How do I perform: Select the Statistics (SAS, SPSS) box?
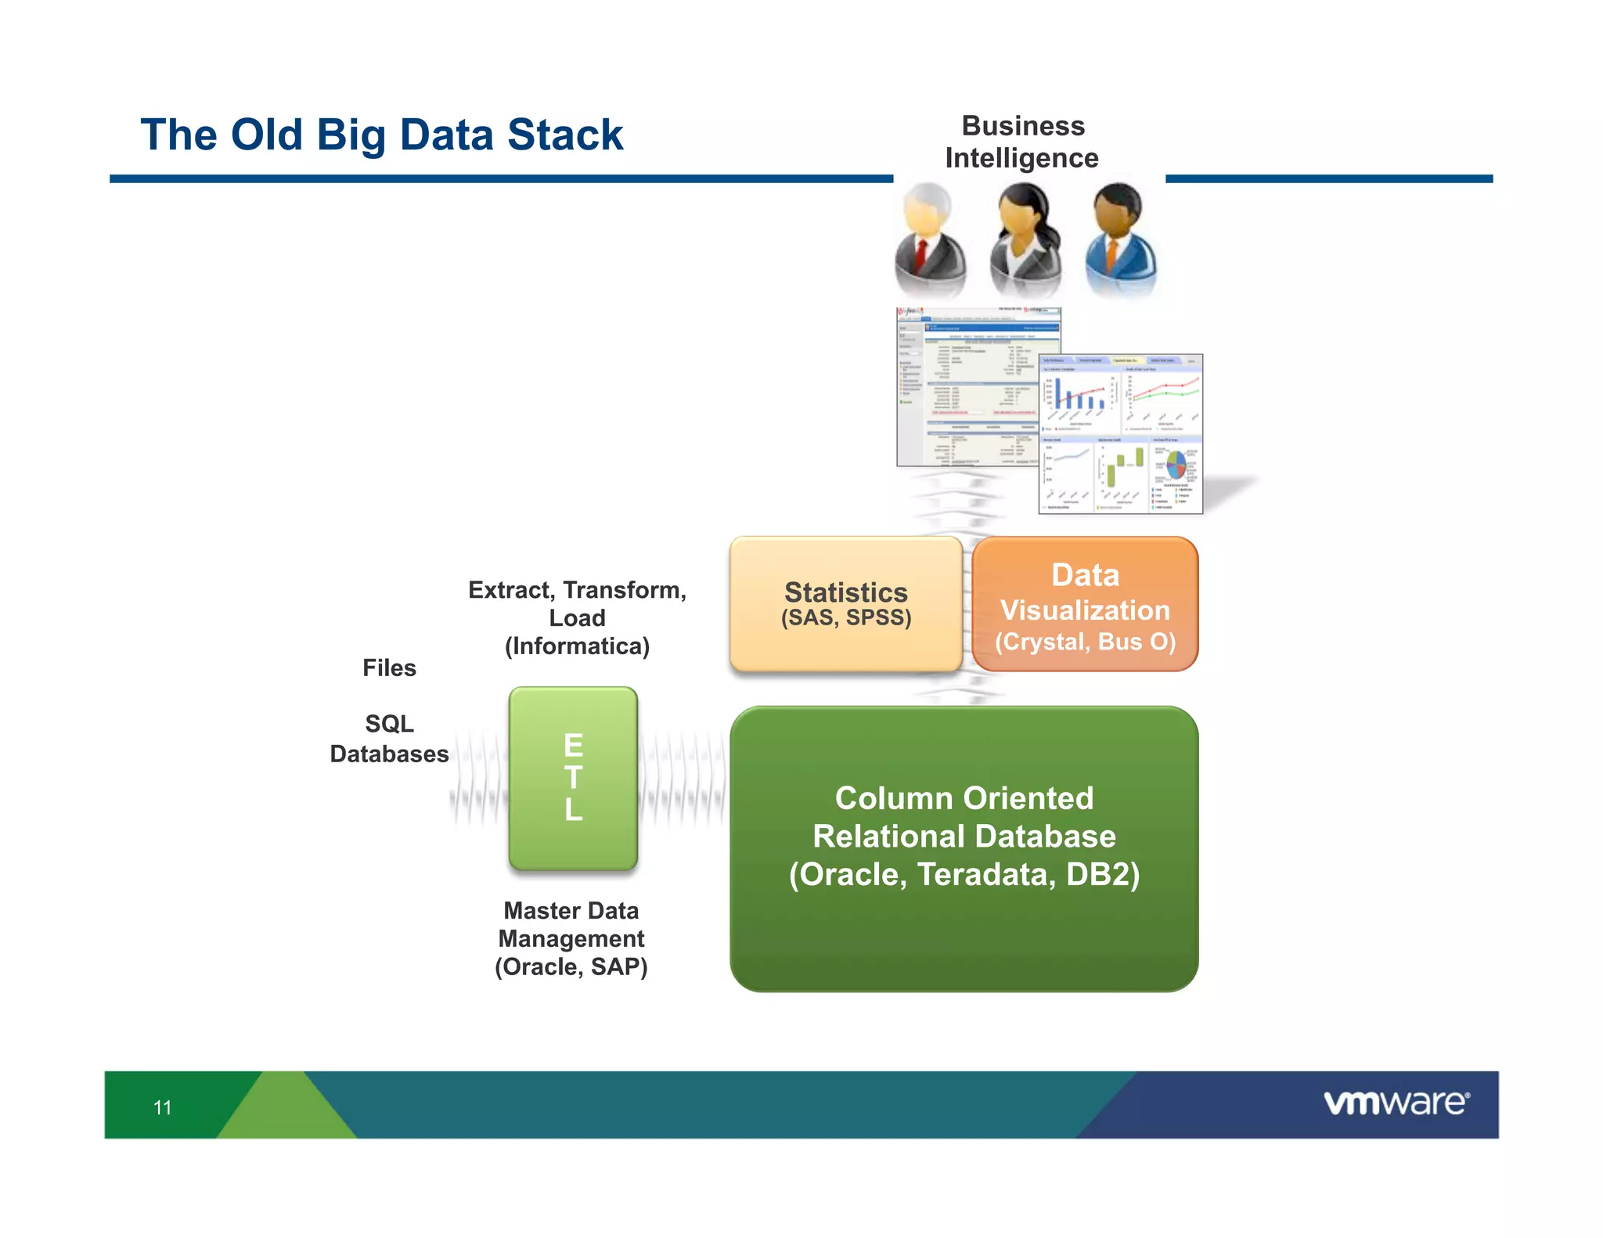(x=845, y=603)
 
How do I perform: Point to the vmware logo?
(x=1396, y=1103)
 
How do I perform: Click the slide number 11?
(x=162, y=1107)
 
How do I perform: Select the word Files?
(x=389, y=668)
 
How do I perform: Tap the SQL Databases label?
(x=389, y=739)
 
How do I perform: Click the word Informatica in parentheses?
(x=577, y=646)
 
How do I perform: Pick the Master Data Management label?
(x=571, y=938)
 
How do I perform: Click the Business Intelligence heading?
(x=1021, y=142)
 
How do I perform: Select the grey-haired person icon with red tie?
(x=929, y=239)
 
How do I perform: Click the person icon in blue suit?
(x=1120, y=239)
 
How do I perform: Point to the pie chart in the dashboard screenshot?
(x=1176, y=465)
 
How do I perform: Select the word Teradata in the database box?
(x=985, y=874)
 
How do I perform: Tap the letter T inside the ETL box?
(x=573, y=778)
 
